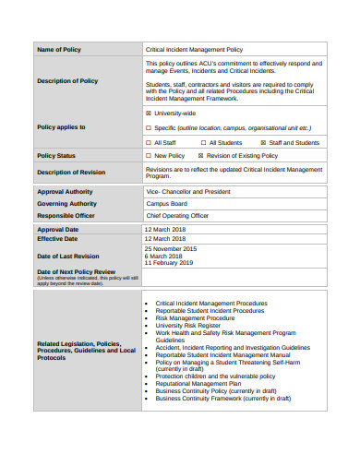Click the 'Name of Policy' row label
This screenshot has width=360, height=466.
click(x=58, y=49)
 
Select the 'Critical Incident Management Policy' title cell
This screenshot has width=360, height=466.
click(x=194, y=49)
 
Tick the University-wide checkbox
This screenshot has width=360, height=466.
click(x=149, y=113)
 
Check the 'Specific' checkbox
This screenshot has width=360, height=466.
click(x=149, y=127)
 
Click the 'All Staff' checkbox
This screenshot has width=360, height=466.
click(x=149, y=143)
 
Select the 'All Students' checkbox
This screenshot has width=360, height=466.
click(x=203, y=143)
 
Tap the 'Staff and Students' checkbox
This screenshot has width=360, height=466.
click(x=263, y=143)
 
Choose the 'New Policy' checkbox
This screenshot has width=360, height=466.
click(x=149, y=156)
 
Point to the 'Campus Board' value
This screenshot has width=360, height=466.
click(x=166, y=203)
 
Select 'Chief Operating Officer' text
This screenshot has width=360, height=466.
click(x=177, y=215)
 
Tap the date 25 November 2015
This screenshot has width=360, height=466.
click(x=171, y=249)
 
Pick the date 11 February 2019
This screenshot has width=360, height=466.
click(x=169, y=263)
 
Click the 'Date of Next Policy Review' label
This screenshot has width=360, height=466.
click(x=76, y=272)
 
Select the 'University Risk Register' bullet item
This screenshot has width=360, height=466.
click(x=188, y=326)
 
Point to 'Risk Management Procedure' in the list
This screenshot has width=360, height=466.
click(x=195, y=318)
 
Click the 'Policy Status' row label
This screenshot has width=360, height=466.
click(x=56, y=156)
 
